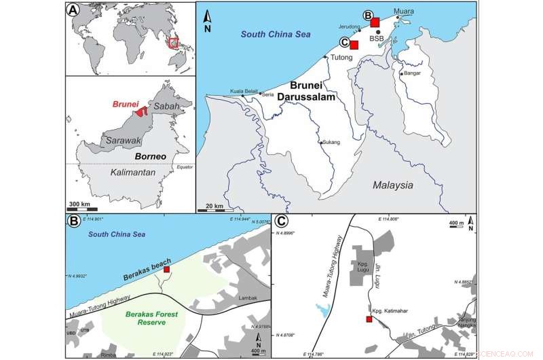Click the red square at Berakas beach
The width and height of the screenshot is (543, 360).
tap(167, 270)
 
